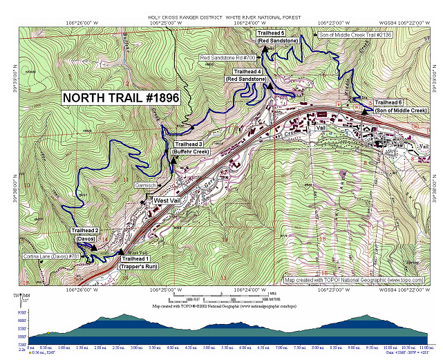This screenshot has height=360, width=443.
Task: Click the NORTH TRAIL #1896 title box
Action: point(120,98)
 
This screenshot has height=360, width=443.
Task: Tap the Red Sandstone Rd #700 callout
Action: point(227,57)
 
